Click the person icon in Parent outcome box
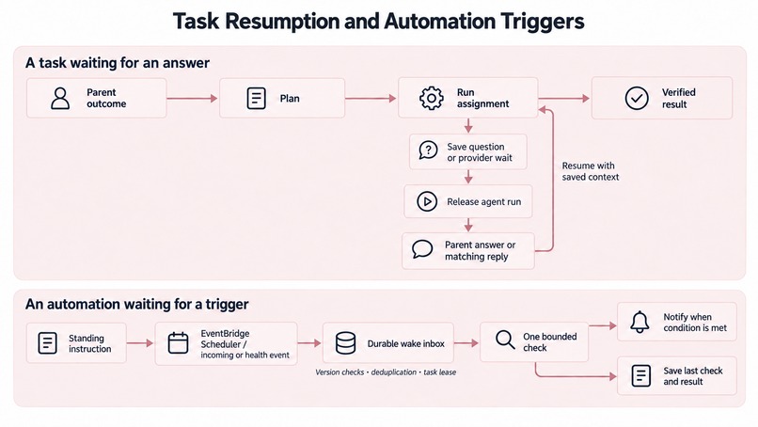pyautogui.click(x=60, y=98)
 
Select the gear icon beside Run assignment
pyautogui.click(x=432, y=98)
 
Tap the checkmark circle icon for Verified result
pyautogui.click(x=637, y=98)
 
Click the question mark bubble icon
pyautogui.click(x=428, y=150)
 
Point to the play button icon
pyautogui.click(x=427, y=201)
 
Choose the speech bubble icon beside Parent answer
pyautogui.click(x=422, y=249)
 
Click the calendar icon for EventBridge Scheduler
pyautogui.click(x=178, y=343)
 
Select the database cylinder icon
pyautogui.click(x=346, y=343)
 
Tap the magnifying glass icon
pyautogui.click(x=505, y=340)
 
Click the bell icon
pyautogui.click(x=640, y=322)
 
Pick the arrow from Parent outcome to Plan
pyautogui.click(x=192, y=99)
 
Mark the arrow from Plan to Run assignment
pyautogui.click(x=371, y=99)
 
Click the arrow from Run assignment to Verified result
pyautogui.click(x=563, y=99)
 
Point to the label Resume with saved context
pyautogui.click(x=591, y=171)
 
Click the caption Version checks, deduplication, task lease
pyautogui.click(x=386, y=372)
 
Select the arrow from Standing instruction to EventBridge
pyautogui.click(x=140, y=343)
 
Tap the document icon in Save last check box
pyautogui.click(x=641, y=375)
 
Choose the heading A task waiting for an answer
pyautogui.click(x=118, y=63)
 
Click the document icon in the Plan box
pyautogui.click(x=256, y=98)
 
